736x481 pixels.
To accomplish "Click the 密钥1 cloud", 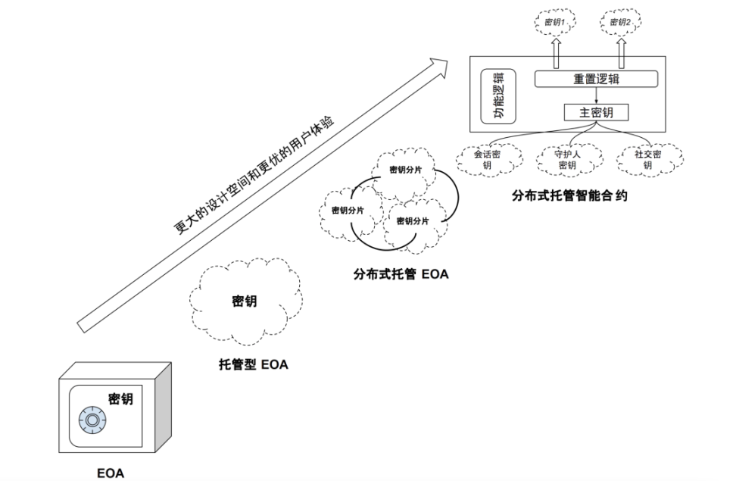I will click(x=555, y=23).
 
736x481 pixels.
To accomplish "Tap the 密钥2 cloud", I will click(x=620, y=23).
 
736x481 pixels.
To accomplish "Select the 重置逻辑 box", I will click(x=596, y=79).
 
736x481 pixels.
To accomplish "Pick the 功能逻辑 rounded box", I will click(x=499, y=98).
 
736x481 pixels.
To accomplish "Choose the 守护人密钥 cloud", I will click(x=567, y=158).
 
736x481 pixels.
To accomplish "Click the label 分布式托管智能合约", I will click(x=570, y=196).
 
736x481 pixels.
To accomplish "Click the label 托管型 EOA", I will click(x=253, y=365).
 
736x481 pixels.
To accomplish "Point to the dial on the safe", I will click(x=90, y=419).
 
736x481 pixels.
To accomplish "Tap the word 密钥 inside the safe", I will click(x=120, y=398).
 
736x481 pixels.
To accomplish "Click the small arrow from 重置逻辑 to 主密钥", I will click(x=596, y=96).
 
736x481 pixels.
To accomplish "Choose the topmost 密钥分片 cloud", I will click(x=405, y=169).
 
